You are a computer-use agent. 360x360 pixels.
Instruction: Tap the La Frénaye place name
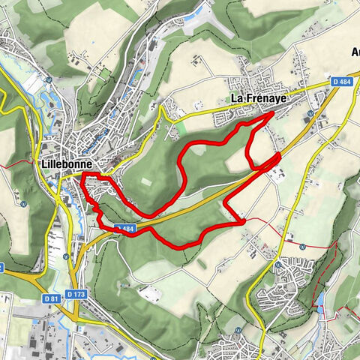(260, 98)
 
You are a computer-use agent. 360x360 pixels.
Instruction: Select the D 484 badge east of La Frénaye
(341, 80)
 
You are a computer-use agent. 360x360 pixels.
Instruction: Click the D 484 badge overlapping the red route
(124, 228)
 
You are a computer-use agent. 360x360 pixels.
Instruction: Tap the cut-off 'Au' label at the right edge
(355, 52)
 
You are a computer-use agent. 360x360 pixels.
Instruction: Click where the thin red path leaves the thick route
(241, 220)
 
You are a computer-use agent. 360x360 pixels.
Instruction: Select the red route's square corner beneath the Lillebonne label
(82, 175)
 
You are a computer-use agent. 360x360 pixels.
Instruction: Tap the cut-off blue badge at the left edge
(1, 267)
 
